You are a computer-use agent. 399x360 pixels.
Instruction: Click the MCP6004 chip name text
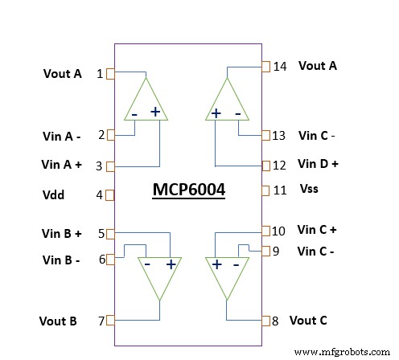[x=189, y=191]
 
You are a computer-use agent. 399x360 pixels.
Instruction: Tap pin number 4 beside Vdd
[x=100, y=194]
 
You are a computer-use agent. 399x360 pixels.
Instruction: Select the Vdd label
[x=54, y=194]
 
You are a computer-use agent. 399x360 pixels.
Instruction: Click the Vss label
[x=310, y=190]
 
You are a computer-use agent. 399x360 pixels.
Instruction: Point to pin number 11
[x=280, y=190]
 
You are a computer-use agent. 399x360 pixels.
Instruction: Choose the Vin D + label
[x=318, y=163]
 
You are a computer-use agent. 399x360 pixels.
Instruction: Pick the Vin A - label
[x=61, y=135]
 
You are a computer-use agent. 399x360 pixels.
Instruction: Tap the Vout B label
[x=58, y=321]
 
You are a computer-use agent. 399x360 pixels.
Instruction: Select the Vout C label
[x=308, y=320]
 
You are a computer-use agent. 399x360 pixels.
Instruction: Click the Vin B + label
[x=62, y=234]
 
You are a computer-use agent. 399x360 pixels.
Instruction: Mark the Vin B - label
[x=61, y=260]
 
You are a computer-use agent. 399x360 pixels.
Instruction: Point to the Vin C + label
[x=317, y=229]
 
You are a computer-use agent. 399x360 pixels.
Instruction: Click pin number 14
[x=280, y=67]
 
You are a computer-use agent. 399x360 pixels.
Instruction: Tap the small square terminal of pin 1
[x=110, y=74]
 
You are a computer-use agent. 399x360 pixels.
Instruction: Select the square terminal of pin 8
[x=265, y=321]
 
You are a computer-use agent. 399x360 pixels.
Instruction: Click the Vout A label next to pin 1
[x=62, y=73]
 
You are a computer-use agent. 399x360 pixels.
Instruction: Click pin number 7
[x=101, y=321]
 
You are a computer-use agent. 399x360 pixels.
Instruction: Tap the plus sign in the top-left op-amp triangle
[x=155, y=112]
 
